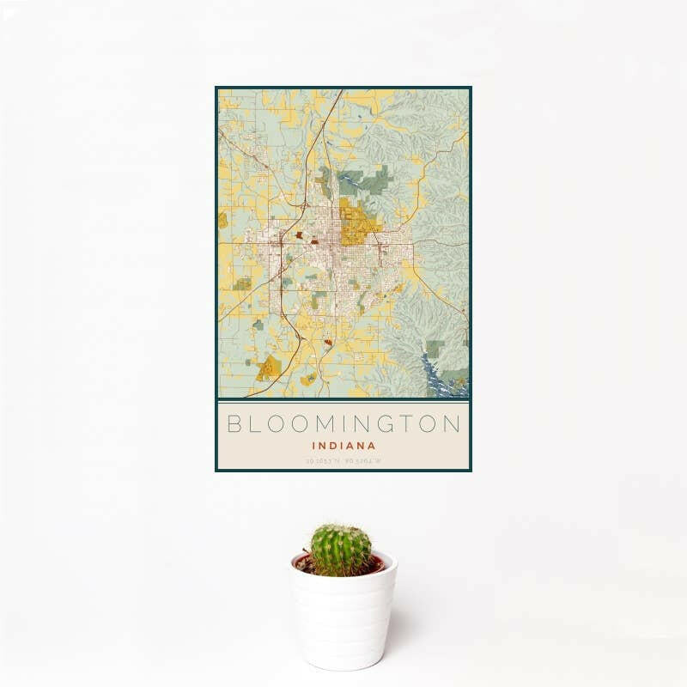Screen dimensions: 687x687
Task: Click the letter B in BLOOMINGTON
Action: point(234,423)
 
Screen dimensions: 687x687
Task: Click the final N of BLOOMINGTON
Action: point(452,423)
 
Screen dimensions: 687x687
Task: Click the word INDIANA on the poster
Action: point(343,446)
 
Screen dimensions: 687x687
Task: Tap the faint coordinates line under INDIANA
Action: point(343,461)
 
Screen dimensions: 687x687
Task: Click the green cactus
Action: point(341,550)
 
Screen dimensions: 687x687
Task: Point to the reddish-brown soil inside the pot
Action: point(375,566)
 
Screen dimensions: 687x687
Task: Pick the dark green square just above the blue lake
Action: point(435,349)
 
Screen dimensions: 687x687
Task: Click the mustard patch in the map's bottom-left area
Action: point(268,368)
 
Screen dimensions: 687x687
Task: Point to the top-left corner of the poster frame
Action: point(216,88)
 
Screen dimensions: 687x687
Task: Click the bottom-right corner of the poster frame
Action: point(471,471)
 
